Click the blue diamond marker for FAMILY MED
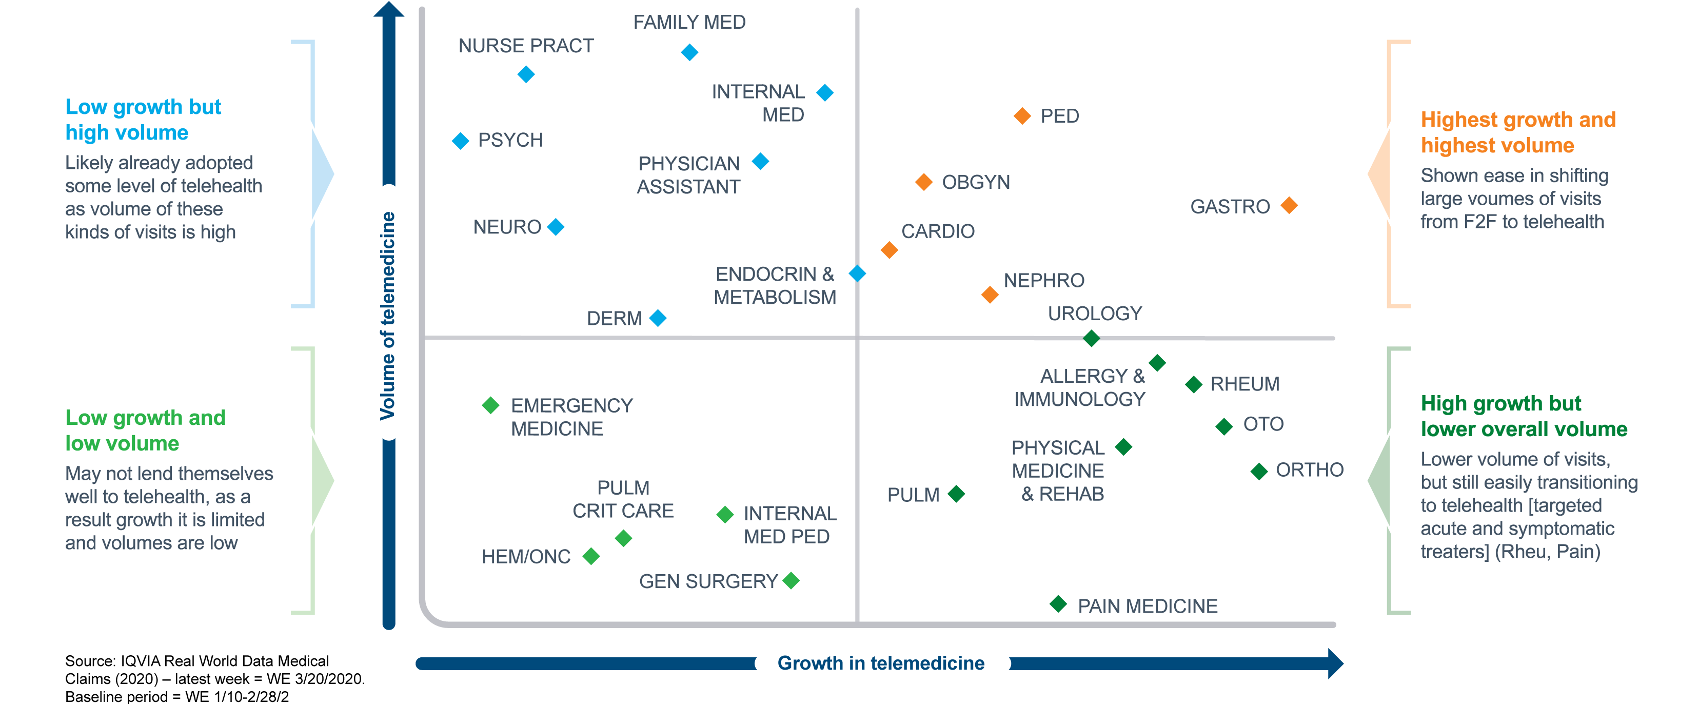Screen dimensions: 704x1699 [689, 52]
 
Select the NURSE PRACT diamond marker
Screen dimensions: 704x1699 [526, 74]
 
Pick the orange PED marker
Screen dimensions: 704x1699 [1022, 116]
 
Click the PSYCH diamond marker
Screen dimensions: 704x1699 [460, 141]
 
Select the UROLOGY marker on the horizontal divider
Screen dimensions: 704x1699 [1092, 339]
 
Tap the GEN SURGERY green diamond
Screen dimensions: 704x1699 [791, 581]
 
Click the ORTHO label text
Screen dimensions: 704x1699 [1309, 470]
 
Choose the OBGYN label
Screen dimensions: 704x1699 [976, 182]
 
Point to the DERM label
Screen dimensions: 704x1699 [614, 319]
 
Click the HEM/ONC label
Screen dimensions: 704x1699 [526, 557]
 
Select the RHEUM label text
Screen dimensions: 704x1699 [1244, 384]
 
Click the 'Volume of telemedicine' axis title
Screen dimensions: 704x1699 [388, 316]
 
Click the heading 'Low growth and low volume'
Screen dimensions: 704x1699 [145, 430]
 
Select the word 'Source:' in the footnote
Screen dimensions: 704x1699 [90, 661]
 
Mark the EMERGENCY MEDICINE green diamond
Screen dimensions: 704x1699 [491, 405]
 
